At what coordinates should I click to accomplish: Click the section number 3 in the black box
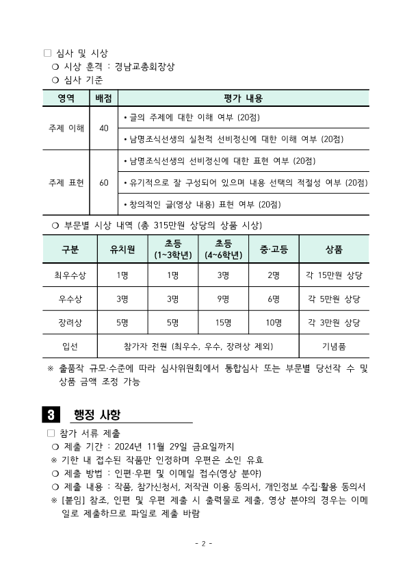[x=51, y=414]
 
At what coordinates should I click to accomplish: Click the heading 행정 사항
[x=96, y=414]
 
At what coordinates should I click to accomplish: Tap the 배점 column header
[x=103, y=99]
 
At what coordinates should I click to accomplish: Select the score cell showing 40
[x=103, y=127]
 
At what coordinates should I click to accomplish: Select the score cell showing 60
[x=103, y=183]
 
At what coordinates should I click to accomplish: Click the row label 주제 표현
[x=66, y=183]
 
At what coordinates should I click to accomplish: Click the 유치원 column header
[x=122, y=249]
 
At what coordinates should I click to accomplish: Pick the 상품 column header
[x=334, y=249]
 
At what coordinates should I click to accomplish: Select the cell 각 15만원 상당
[x=334, y=275]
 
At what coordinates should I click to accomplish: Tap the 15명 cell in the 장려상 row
[x=223, y=322]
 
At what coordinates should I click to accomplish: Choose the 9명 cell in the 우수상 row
[x=223, y=299]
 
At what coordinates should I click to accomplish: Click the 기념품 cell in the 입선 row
[x=334, y=346]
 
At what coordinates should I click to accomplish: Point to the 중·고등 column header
[x=274, y=249]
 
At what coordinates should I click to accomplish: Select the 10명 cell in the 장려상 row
[x=274, y=322]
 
